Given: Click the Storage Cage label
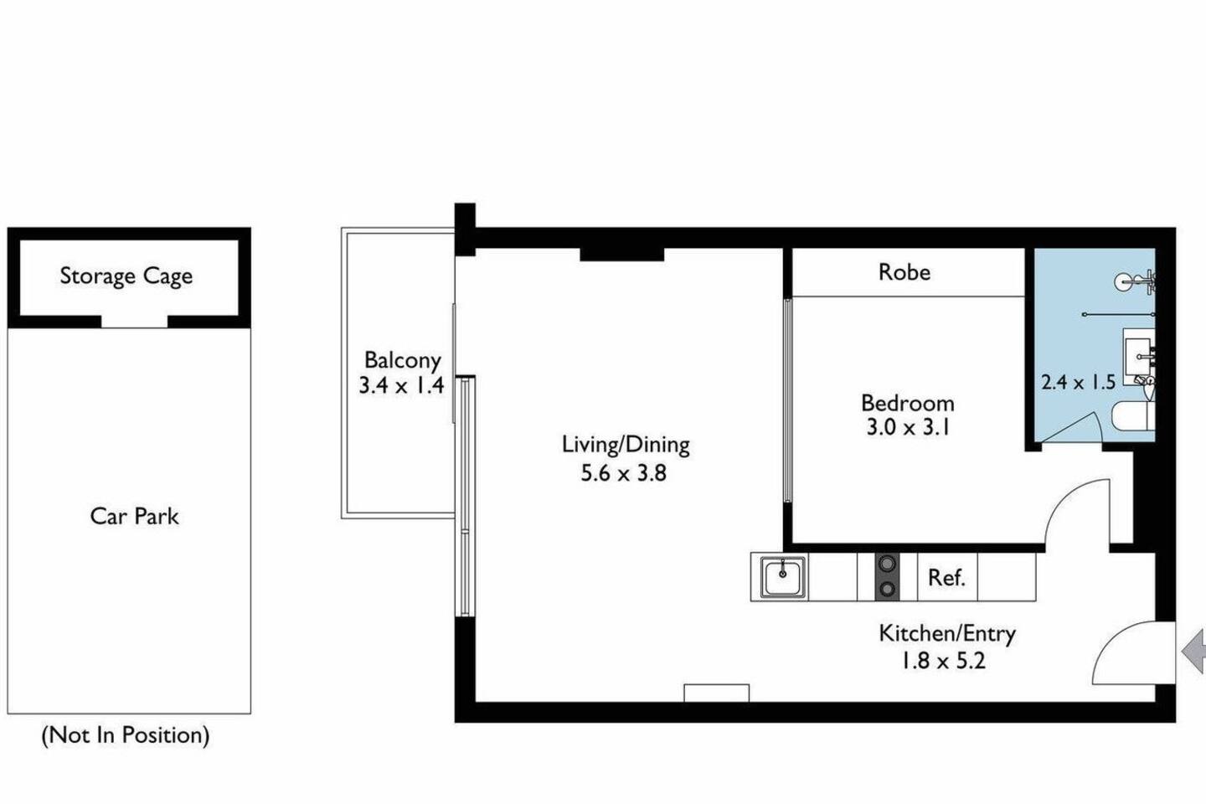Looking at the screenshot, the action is [x=126, y=276].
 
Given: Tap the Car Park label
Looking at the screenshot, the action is [x=134, y=517].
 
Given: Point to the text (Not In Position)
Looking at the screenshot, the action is [x=126, y=735].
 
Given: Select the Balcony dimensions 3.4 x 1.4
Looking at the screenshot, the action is [x=402, y=385].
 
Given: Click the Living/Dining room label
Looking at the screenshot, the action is [x=626, y=445].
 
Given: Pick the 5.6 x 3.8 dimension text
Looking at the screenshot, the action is [x=623, y=473].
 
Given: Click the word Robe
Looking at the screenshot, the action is [x=904, y=272].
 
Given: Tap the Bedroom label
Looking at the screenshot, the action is [x=908, y=404].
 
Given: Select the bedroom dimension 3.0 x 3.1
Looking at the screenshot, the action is [x=908, y=428].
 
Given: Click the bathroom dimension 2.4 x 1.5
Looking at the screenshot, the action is [x=1078, y=383].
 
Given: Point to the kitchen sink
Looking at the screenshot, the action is [x=783, y=577].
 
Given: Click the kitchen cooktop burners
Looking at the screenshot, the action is [x=887, y=577].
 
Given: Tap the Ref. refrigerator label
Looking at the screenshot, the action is [x=946, y=578].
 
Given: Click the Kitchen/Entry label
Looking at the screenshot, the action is [x=947, y=634].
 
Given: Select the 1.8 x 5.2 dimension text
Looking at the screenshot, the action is [x=944, y=661].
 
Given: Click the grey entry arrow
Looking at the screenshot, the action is [x=1193, y=652].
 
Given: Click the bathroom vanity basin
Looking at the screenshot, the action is [x=1139, y=355].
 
